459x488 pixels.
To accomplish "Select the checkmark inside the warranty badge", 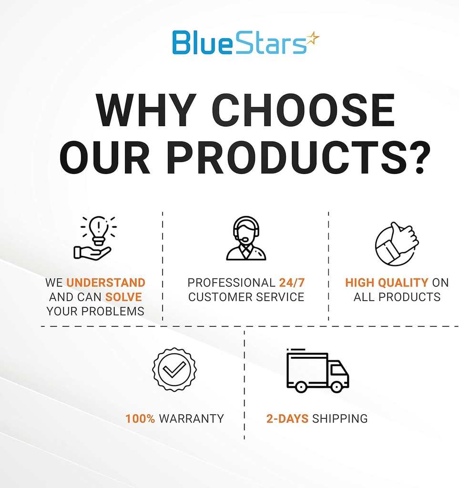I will pyautogui.click(x=174, y=369).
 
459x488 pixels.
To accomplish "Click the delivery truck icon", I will pyautogui.click(x=317, y=371).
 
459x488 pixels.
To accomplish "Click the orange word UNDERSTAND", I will pyautogui.click(x=106, y=283).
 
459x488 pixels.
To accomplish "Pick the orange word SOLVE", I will pyautogui.click(x=123, y=297).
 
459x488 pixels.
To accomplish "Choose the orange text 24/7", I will pyautogui.click(x=292, y=283).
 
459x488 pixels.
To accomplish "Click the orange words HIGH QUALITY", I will pyautogui.click(x=387, y=283).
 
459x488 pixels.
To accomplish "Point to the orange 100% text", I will pyautogui.click(x=140, y=419).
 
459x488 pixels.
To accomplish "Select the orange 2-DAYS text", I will pyautogui.click(x=287, y=419).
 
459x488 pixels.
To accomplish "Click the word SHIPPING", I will pyautogui.click(x=340, y=419).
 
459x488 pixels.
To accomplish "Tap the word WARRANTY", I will pyautogui.click(x=191, y=419).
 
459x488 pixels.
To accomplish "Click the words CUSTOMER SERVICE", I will pyautogui.click(x=246, y=297).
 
